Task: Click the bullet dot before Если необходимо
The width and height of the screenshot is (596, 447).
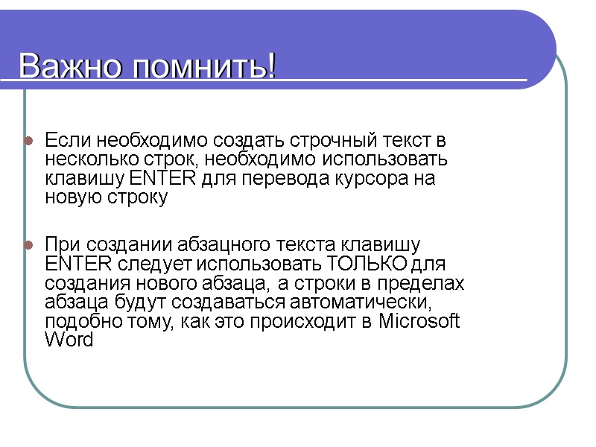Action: [x=28, y=141]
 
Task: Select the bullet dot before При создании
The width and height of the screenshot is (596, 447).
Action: [x=28, y=245]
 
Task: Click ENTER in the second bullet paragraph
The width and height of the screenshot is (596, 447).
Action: [x=73, y=264]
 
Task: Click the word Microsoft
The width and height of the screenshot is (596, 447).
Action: [x=420, y=322]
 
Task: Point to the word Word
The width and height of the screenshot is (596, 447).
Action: [x=69, y=341]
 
